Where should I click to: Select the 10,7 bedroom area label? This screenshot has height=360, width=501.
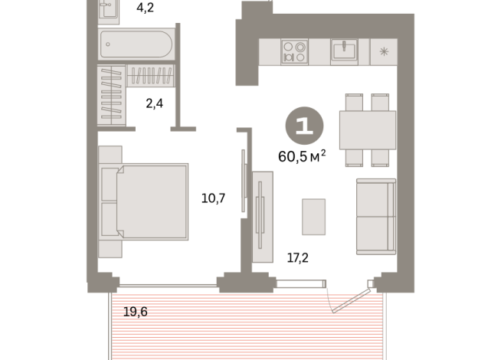(x=212, y=198)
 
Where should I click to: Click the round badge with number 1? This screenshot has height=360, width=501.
(x=303, y=126)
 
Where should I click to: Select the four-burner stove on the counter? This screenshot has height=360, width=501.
(x=293, y=52)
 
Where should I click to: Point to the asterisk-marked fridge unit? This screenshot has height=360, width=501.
(x=382, y=52)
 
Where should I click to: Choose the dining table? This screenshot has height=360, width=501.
(x=366, y=129)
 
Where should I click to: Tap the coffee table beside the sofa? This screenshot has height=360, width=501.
(x=313, y=216)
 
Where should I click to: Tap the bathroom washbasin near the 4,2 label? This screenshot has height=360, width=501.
(x=108, y=9)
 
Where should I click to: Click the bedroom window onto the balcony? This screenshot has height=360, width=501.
(x=168, y=282)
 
